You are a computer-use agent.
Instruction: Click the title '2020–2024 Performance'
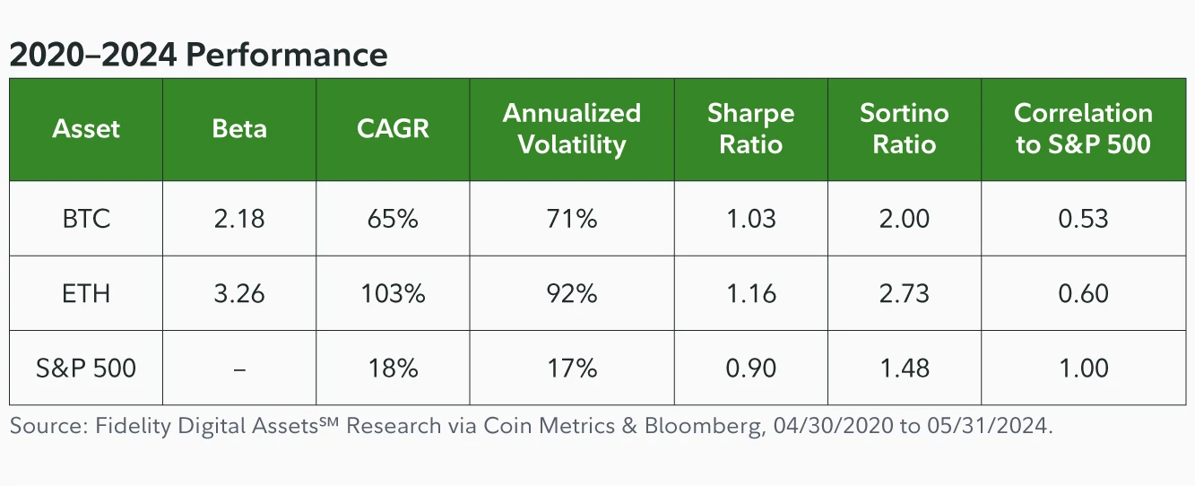point(198,56)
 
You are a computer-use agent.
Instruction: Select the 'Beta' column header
point(239,129)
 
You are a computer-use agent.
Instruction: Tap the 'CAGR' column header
point(393,129)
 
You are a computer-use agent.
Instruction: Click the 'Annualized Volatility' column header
point(571,129)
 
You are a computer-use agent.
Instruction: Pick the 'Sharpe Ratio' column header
point(750,129)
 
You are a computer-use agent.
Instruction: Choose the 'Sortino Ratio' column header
point(904,129)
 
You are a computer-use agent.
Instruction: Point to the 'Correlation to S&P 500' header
point(1083,129)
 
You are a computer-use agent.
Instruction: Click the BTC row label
point(86,219)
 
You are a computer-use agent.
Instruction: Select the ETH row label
point(86,293)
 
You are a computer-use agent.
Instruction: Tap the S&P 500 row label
point(86,368)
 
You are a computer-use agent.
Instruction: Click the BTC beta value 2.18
point(239,219)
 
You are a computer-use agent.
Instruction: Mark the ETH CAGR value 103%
point(393,293)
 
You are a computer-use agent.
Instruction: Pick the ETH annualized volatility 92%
point(571,293)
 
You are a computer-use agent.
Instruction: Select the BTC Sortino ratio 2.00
point(904,219)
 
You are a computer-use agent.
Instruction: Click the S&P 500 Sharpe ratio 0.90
point(750,368)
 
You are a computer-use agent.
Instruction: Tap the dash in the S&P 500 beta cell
point(239,369)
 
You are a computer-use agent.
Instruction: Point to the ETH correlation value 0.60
point(1083,293)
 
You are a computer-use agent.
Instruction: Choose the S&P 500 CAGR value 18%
point(393,368)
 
